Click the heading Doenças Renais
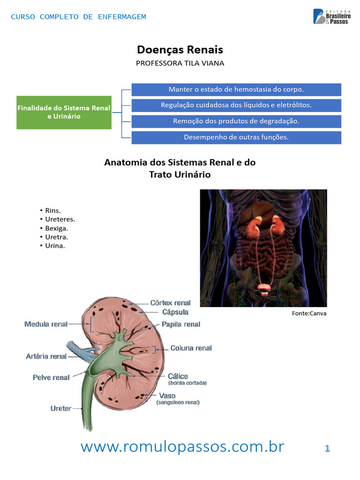point(180,50)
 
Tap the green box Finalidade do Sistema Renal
point(64,112)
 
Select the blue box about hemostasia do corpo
point(236,89)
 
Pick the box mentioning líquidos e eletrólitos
point(236,105)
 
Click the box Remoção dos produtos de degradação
point(236,121)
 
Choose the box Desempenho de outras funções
point(236,137)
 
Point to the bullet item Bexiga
point(56,228)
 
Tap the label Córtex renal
point(170,303)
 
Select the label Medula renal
point(46,324)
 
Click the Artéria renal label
point(46,356)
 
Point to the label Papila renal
point(181,324)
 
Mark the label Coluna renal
point(191,348)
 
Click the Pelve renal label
point(51,377)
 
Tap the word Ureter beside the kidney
point(61,408)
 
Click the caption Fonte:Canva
point(309,314)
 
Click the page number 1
point(327,449)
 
